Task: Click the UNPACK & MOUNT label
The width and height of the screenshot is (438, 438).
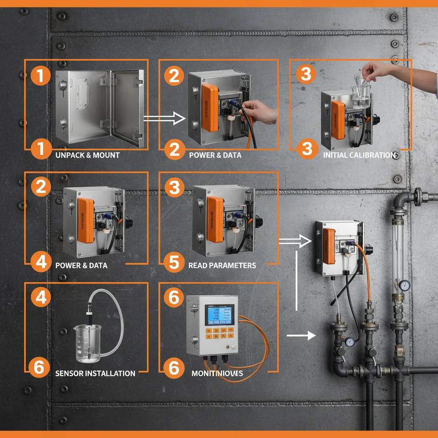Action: tap(87, 155)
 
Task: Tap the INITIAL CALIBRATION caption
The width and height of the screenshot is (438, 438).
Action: tap(359, 155)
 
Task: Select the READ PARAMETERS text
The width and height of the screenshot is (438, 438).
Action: tap(222, 266)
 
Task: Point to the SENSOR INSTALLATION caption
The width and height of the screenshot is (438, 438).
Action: tap(95, 373)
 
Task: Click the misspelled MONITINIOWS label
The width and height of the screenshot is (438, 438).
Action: tap(217, 373)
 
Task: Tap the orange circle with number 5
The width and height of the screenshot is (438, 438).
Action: tap(174, 262)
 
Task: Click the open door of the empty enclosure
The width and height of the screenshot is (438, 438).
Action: tap(128, 108)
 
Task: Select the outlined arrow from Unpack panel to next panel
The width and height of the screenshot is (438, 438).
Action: tap(160, 118)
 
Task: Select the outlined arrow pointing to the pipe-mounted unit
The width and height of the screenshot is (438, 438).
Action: tap(295, 242)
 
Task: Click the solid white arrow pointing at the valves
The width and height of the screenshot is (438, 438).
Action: tap(301, 336)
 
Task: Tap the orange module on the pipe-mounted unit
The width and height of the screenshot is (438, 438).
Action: tap(329, 246)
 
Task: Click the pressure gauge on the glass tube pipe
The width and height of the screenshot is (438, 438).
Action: tap(404, 285)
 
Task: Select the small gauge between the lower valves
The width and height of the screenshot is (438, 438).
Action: tap(350, 341)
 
